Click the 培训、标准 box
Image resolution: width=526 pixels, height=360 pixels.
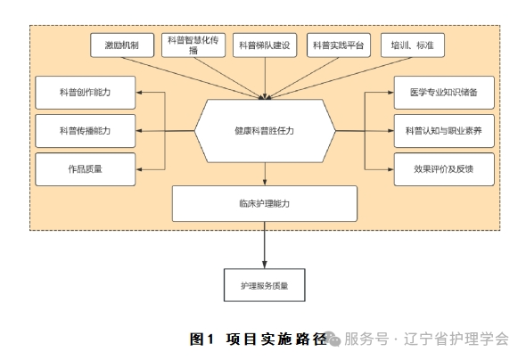[x=408, y=45]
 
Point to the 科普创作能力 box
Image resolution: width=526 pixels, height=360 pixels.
[x=85, y=92]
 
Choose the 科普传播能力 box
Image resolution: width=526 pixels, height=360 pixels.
[x=85, y=130]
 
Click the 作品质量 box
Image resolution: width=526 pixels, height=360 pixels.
[x=85, y=168]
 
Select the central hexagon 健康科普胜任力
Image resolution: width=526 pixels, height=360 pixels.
[x=265, y=131]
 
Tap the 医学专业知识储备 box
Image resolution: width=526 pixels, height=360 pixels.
[x=443, y=92]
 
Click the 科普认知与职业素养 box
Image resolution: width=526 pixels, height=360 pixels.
[x=443, y=130]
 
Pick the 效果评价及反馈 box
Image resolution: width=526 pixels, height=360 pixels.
[x=443, y=168]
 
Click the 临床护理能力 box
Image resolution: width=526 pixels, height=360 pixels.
[x=265, y=203]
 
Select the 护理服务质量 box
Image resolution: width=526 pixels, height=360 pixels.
[x=265, y=287]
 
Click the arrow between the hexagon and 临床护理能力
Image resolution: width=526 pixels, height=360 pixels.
[x=265, y=174]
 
